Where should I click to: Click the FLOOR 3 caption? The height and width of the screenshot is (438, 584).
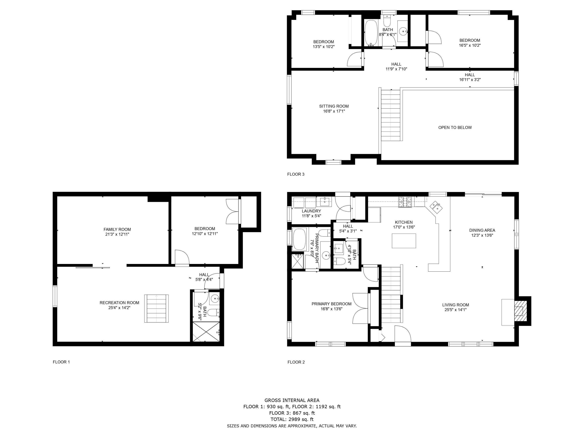click(296, 174)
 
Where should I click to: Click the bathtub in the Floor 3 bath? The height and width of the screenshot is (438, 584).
click(371, 33)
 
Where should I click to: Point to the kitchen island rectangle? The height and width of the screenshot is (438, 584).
click(404, 241)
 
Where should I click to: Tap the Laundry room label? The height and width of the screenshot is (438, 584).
click(311, 211)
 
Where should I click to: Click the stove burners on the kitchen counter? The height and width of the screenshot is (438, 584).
click(405, 202)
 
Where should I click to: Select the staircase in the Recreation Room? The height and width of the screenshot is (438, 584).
click(156, 308)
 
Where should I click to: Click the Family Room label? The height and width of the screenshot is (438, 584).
click(117, 230)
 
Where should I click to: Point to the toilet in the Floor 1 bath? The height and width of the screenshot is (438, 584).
click(214, 313)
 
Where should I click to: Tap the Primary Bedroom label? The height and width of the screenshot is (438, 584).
click(331, 304)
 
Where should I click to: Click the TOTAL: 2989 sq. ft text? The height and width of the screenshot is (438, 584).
click(292, 419)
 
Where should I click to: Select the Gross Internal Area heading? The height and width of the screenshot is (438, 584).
click(292, 400)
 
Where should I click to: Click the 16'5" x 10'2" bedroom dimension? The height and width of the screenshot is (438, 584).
click(469, 45)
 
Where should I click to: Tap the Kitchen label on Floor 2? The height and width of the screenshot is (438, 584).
click(404, 222)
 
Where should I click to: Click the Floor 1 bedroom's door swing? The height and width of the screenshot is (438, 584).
click(181, 257)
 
